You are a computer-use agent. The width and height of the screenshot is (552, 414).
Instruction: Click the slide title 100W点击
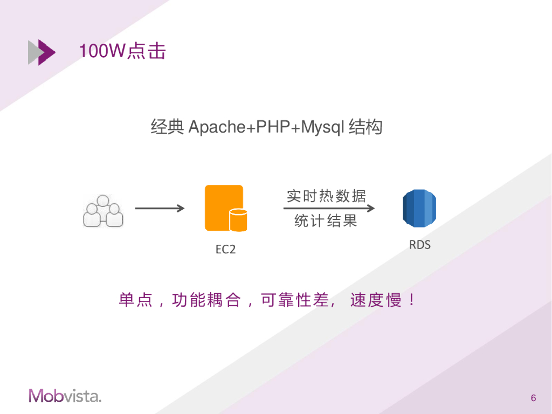click(x=122, y=51)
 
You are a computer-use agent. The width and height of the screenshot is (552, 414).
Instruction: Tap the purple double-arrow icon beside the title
click(x=42, y=52)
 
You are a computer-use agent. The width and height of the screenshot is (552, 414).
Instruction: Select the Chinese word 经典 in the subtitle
click(x=168, y=128)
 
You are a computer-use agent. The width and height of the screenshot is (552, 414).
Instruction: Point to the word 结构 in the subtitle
click(x=365, y=128)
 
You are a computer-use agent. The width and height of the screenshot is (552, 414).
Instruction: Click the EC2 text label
click(x=226, y=250)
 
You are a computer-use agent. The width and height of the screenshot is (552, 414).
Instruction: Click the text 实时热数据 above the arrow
click(x=326, y=196)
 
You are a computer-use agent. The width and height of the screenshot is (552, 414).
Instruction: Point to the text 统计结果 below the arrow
click(x=326, y=221)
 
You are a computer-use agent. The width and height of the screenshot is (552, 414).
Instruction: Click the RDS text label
click(x=420, y=245)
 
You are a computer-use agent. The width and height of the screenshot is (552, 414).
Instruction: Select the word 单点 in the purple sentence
click(x=135, y=300)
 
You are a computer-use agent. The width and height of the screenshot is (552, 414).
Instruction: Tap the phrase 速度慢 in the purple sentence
click(x=376, y=300)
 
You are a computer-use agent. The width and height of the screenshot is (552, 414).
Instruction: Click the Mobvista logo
click(x=65, y=396)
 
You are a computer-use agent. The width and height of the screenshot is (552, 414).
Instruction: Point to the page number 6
click(x=533, y=398)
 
